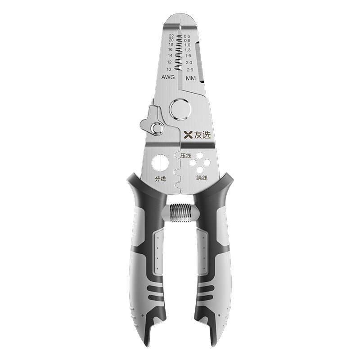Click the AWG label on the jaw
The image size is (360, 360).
[x=168, y=77]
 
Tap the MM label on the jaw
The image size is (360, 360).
[x=190, y=78]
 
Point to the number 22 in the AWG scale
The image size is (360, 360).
[x=171, y=36]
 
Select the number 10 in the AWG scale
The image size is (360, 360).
[x=169, y=69]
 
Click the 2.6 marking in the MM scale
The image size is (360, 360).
[x=190, y=70]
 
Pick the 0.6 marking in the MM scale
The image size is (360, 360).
[x=187, y=36]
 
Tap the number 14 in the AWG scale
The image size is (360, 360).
[x=170, y=55]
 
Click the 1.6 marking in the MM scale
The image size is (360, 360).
[x=188, y=56]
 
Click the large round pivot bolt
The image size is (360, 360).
[x=180, y=109]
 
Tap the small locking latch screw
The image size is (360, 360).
[x=157, y=128]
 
